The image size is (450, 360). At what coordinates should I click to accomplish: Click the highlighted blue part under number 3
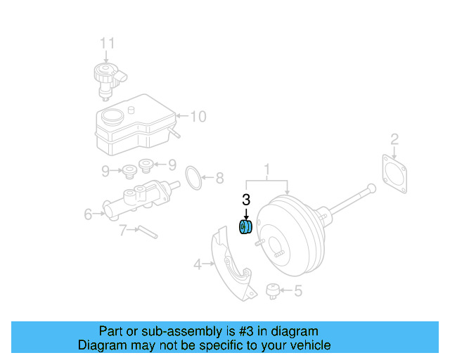pos(246,228)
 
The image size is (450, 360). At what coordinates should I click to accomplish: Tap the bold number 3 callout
pos(246,200)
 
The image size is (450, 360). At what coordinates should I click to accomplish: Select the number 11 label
pos(106,44)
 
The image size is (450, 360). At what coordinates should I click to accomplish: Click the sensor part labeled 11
pos(105,78)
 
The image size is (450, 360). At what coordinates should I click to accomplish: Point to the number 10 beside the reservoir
pos(198,116)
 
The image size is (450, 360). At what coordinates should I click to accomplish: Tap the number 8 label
pos(219,178)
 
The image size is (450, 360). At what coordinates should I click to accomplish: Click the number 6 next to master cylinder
pos(88,213)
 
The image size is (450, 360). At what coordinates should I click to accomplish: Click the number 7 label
pos(122,229)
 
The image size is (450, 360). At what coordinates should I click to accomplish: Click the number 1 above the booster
pos(267,169)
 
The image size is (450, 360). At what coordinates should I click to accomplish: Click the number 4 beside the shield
pos(198,264)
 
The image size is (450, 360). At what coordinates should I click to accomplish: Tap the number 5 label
pos(297,289)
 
